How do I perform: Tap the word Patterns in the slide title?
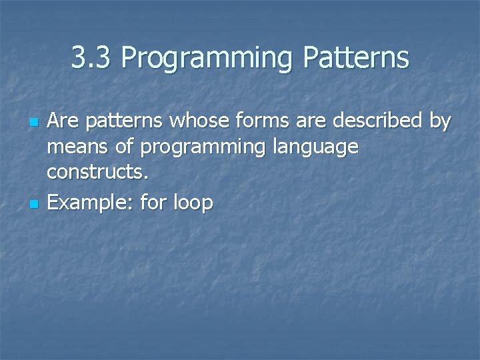[x=356, y=58]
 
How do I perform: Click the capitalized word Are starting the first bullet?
[x=63, y=121]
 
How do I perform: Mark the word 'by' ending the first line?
[x=441, y=122]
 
